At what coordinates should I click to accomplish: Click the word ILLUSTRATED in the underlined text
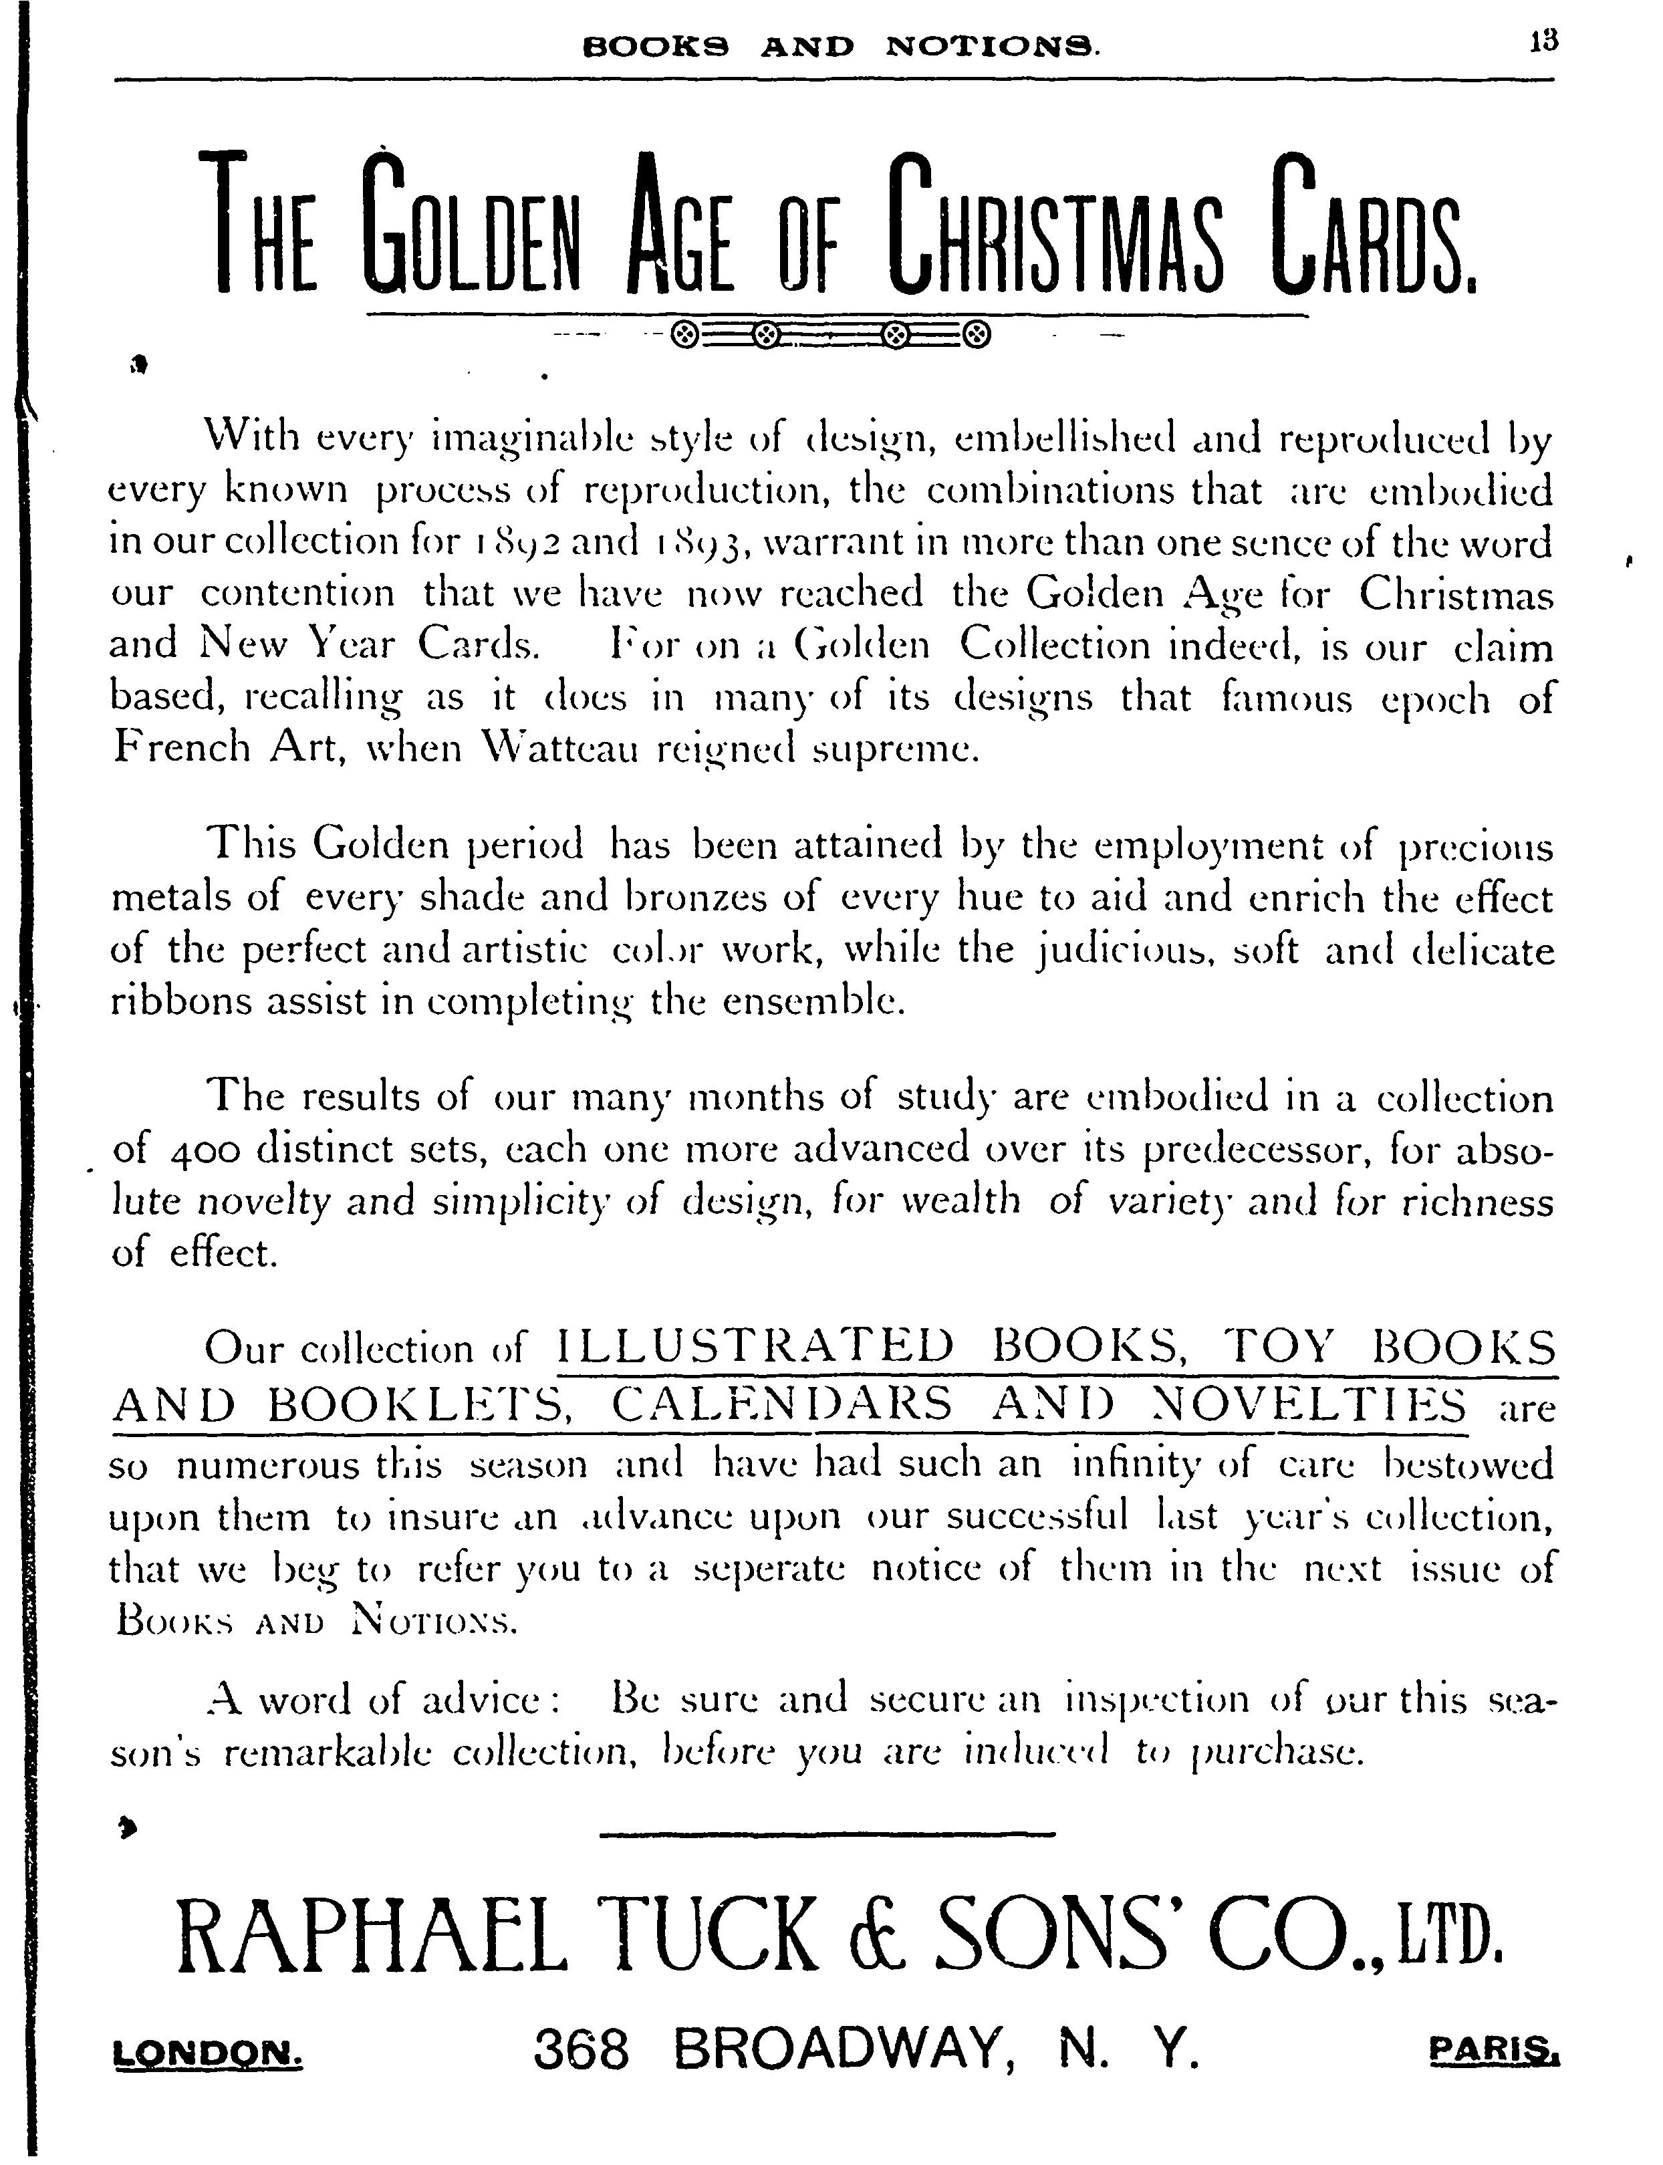(756, 1348)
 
